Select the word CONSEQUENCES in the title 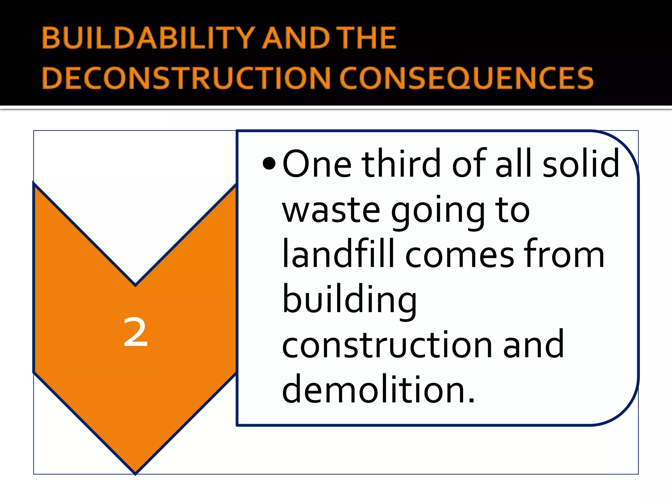[466, 78]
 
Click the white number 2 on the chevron [135, 333]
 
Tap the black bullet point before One [269, 163]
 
